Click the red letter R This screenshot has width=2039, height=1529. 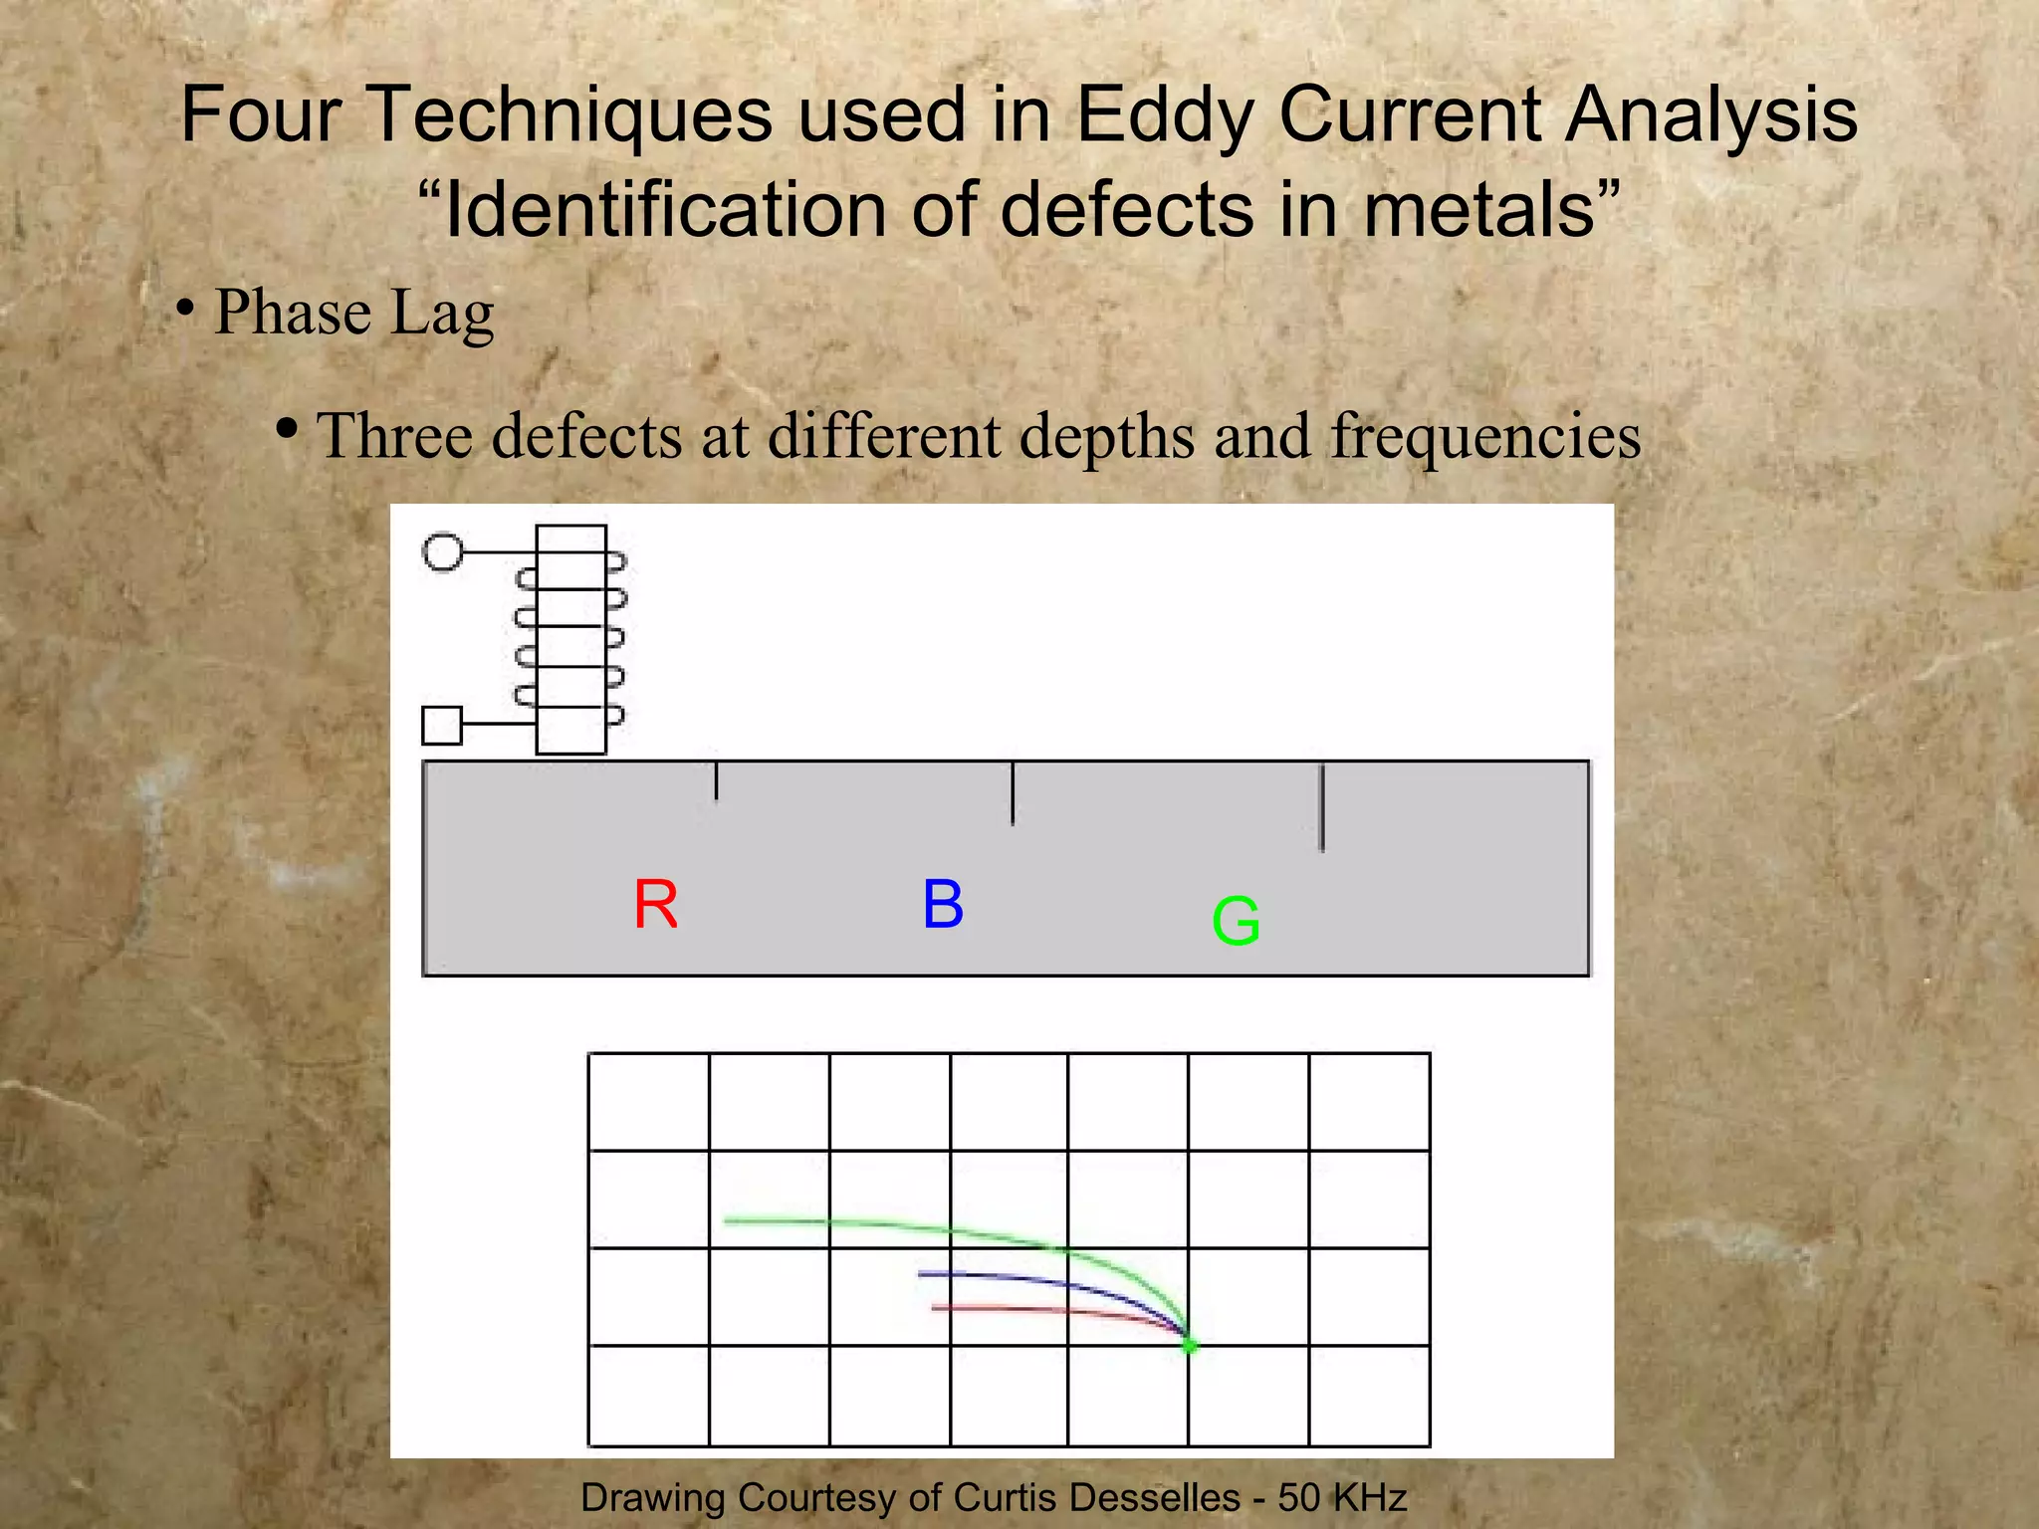pyautogui.click(x=655, y=905)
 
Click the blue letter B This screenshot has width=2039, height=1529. pyautogui.click(x=943, y=904)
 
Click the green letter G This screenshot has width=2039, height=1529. pyautogui.click(x=1236, y=921)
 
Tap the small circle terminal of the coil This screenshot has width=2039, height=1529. pyautogui.click(x=443, y=551)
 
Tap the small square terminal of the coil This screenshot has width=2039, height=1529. pyautogui.click(x=442, y=725)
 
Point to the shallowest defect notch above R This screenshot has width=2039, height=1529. pyautogui.click(x=716, y=780)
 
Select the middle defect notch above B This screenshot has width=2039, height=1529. pyautogui.click(x=1013, y=793)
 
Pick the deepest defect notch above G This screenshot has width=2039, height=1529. pyautogui.click(x=1322, y=807)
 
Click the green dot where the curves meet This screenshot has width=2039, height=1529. pyautogui.click(x=1190, y=1346)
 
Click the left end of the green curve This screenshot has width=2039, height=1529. pyautogui.click(x=728, y=1220)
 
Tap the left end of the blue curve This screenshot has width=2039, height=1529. pyautogui.click(x=922, y=1273)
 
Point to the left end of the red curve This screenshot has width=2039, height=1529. pyautogui.click(x=935, y=1307)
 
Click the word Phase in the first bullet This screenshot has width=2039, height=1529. pyautogui.click(x=293, y=313)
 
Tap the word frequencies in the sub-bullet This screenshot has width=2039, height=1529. pyautogui.click(x=1485, y=436)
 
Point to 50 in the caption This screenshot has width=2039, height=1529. pyautogui.click(x=1299, y=1497)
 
